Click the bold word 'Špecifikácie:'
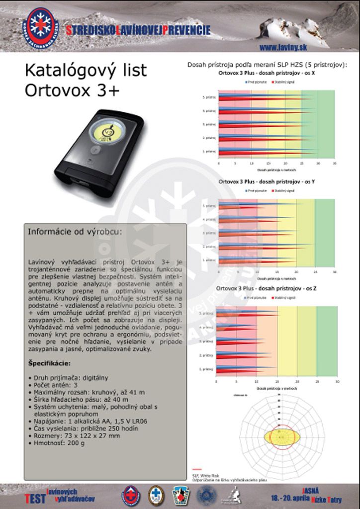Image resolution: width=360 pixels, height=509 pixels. tap(49, 363)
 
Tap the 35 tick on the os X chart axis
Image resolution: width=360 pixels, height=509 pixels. tap(334, 163)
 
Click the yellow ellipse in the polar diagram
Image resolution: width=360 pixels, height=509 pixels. tap(282, 437)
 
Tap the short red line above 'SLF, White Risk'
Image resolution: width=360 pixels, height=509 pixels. tap(197, 469)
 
